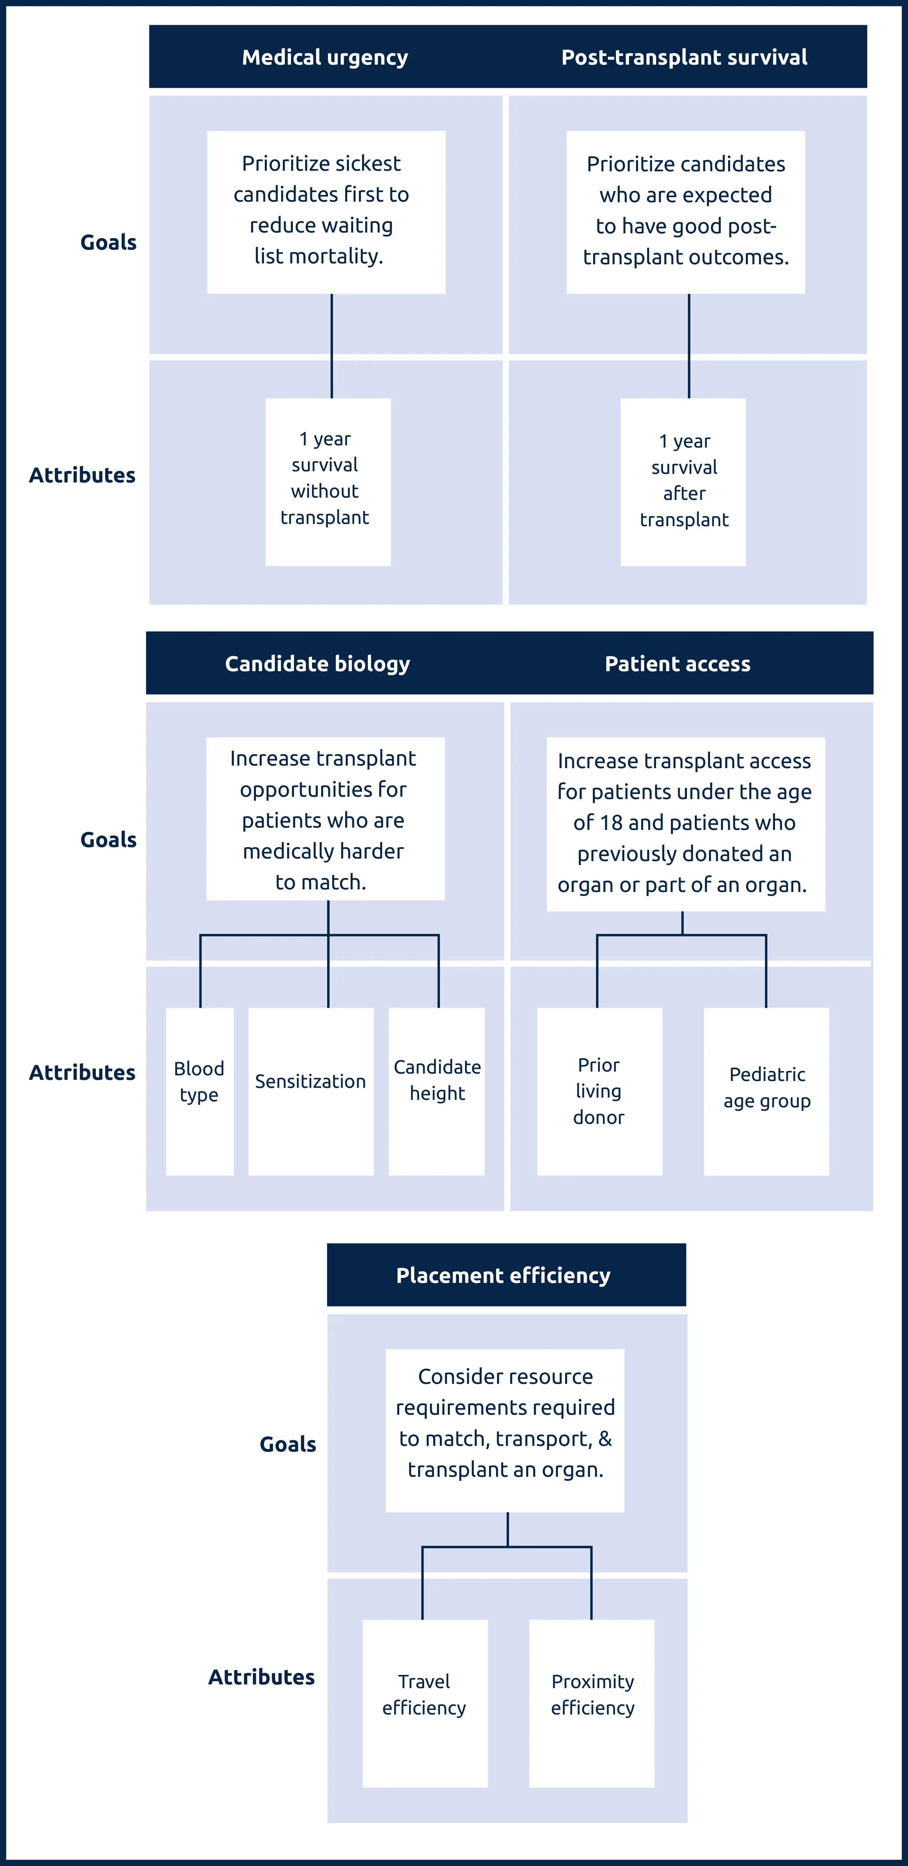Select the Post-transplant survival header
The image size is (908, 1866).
[684, 57]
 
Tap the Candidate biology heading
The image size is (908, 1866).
[317, 663]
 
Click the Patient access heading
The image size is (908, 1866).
[677, 663]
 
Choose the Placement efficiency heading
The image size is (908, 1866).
[504, 1275]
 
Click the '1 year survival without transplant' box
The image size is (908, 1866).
[327, 482]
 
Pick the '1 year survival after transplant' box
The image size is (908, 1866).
[683, 482]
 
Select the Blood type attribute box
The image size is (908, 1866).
[199, 1091]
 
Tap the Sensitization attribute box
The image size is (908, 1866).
[311, 1091]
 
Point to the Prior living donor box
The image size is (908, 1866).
[599, 1091]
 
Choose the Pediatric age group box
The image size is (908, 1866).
[766, 1091]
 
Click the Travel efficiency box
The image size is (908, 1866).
[425, 1703]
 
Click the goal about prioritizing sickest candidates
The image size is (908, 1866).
[326, 212]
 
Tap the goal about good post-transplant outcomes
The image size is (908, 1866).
[686, 212]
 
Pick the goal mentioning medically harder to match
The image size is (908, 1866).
[325, 818]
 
